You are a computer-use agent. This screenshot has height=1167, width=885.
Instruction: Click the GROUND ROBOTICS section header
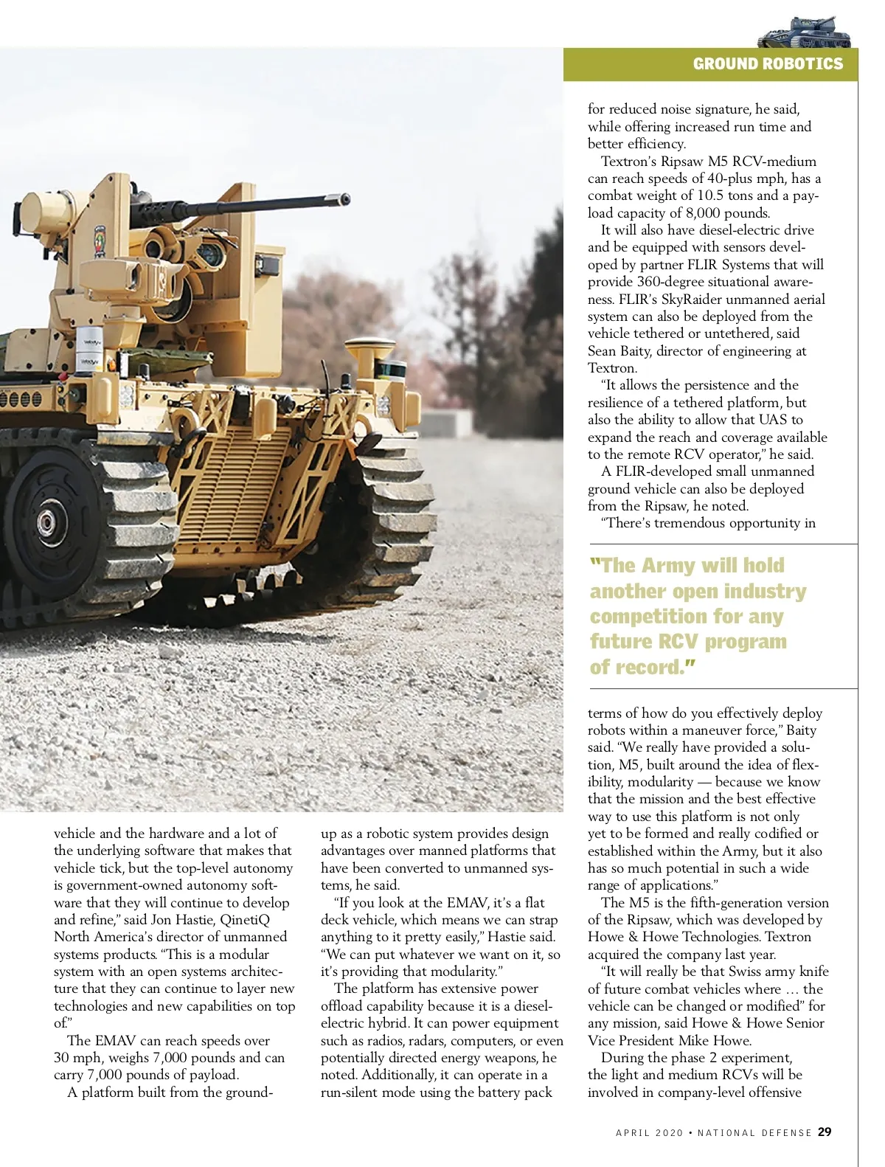click(767, 64)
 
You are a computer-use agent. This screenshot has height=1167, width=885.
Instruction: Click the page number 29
click(825, 1132)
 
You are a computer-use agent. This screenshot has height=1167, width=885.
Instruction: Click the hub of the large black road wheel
click(46, 522)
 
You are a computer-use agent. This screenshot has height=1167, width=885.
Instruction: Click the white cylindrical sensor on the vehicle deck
click(91, 350)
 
